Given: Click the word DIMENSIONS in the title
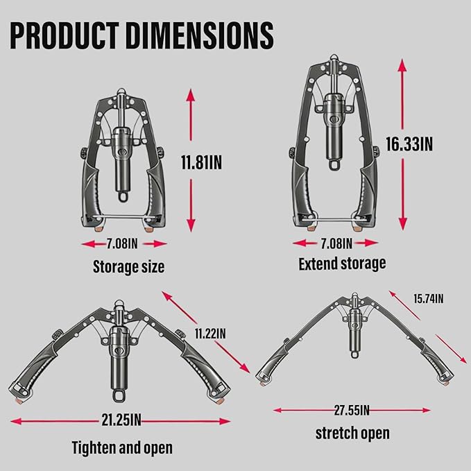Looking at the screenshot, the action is [200, 35].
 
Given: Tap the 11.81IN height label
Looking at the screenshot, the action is [201, 162].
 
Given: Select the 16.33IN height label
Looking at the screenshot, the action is [409, 144].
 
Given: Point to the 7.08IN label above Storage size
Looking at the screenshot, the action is [122, 243].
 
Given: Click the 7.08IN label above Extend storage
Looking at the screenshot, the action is [336, 243].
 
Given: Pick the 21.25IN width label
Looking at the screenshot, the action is [121, 420].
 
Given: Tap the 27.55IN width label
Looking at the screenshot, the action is [352, 410].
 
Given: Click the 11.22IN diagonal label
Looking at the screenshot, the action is [210, 334].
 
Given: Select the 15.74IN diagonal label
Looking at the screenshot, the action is [429, 299].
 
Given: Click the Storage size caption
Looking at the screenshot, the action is [128, 266].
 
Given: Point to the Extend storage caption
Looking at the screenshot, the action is [342, 264].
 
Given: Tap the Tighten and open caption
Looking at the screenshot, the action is [122, 448].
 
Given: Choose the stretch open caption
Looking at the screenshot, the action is [352, 433].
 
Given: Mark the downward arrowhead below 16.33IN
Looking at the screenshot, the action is [402, 224].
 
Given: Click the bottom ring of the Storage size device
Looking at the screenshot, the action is [123, 196].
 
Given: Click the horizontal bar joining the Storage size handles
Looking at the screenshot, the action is [123, 217].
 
